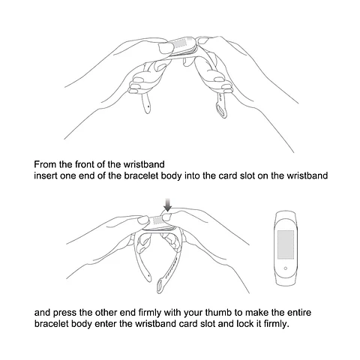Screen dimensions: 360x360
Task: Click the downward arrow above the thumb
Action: coord(168,205)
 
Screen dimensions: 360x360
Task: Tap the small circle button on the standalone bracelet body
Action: coord(286,268)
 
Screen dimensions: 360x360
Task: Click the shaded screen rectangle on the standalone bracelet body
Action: coord(286,244)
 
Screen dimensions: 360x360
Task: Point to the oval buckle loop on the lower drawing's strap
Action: coord(160,286)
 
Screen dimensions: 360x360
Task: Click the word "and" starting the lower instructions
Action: coord(42,313)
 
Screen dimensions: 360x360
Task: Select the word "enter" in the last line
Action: coord(105,324)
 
